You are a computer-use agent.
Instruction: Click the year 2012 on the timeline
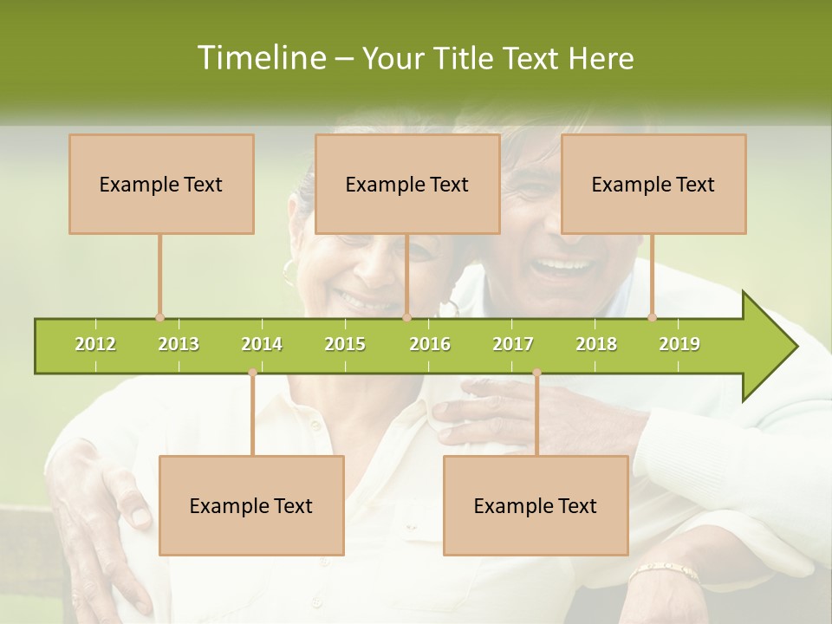point(95,344)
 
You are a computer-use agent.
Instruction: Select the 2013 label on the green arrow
point(179,344)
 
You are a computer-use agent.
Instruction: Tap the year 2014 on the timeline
point(262,344)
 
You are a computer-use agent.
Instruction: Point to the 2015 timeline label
point(345,344)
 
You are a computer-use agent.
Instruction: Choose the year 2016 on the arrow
point(430,344)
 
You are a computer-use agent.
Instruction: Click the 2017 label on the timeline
point(513,344)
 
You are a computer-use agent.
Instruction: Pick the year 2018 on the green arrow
point(596,344)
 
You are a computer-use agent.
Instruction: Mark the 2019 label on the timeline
point(679,344)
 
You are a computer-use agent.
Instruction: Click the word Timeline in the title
point(259,58)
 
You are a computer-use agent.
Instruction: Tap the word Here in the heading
point(601,58)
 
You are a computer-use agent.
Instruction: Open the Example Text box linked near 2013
point(161,184)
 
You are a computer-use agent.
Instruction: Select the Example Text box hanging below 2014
point(251,505)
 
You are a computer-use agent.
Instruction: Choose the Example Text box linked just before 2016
point(407,184)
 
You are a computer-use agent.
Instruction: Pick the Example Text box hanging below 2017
point(536,505)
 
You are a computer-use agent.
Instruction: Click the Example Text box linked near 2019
point(653,184)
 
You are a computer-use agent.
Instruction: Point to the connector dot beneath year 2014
point(252,373)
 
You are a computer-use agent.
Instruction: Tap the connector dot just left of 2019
point(653,317)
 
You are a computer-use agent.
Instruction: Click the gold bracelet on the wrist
point(664,572)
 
